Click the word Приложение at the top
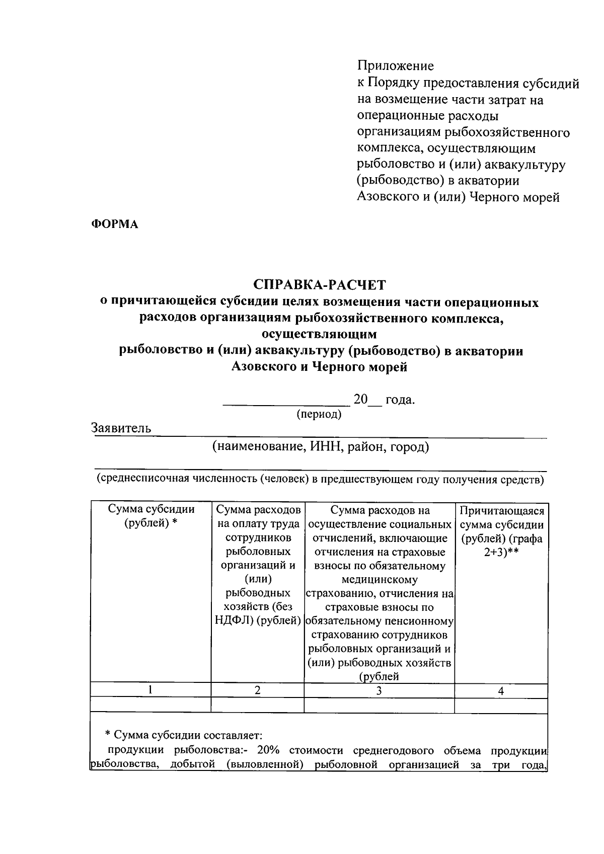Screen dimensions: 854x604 click(x=395, y=66)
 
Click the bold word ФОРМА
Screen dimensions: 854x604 click(x=114, y=224)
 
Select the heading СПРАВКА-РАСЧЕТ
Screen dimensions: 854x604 click(x=320, y=285)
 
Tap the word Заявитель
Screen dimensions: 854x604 click(x=121, y=428)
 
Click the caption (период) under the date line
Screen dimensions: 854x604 click(x=319, y=414)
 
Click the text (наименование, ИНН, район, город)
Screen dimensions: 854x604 click(x=320, y=446)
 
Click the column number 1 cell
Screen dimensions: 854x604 click(x=150, y=690)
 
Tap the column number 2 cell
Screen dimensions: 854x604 click(x=257, y=690)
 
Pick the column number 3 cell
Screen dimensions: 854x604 click(x=379, y=691)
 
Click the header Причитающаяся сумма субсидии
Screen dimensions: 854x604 click(x=502, y=518)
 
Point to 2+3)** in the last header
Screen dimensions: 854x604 click(x=502, y=552)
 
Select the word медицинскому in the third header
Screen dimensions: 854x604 click(x=379, y=580)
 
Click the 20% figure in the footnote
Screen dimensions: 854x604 click(x=268, y=750)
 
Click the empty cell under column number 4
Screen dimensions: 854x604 click(x=501, y=705)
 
